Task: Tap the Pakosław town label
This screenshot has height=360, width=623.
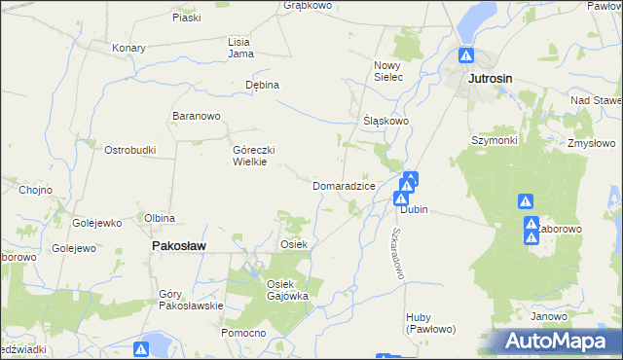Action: pyautogui.click(x=178, y=247)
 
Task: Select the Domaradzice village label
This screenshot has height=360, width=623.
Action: pyautogui.click(x=344, y=185)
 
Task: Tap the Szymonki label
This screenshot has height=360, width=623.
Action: pyautogui.click(x=495, y=139)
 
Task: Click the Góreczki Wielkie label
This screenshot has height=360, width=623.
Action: pyautogui.click(x=256, y=156)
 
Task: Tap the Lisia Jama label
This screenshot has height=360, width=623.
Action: pyautogui.click(x=239, y=48)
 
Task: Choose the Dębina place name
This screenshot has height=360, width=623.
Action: pyautogui.click(x=262, y=85)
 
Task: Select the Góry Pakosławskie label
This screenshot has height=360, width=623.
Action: pyautogui.click(x=191, y=299)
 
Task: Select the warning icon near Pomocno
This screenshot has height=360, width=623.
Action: pyautogui.click(x=142, y=347)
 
